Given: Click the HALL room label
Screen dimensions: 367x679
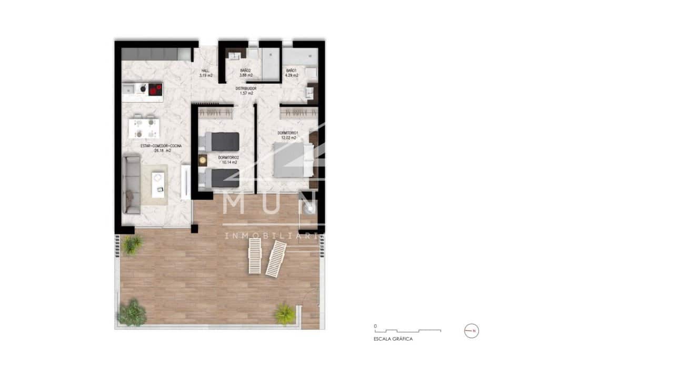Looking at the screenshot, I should click(205, 70).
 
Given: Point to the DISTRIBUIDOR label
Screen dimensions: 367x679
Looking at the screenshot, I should click(246, 89).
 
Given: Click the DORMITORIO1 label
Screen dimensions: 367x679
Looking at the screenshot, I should click(288, 132).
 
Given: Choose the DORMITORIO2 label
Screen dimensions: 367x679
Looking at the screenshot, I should click(228, 157).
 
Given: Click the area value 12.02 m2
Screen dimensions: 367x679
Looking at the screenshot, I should click(288, 138).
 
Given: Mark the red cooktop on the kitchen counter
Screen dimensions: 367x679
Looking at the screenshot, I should click(155, 90).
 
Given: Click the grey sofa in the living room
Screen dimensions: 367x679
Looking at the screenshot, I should click(132, 183).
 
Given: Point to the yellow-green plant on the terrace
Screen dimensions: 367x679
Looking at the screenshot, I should click(285, 314).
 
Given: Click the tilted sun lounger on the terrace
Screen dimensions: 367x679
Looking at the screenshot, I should click(276, 259).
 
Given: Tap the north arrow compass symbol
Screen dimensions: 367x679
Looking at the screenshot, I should click(472, 331).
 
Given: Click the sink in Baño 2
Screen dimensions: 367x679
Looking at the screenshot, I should click(234, 56).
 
